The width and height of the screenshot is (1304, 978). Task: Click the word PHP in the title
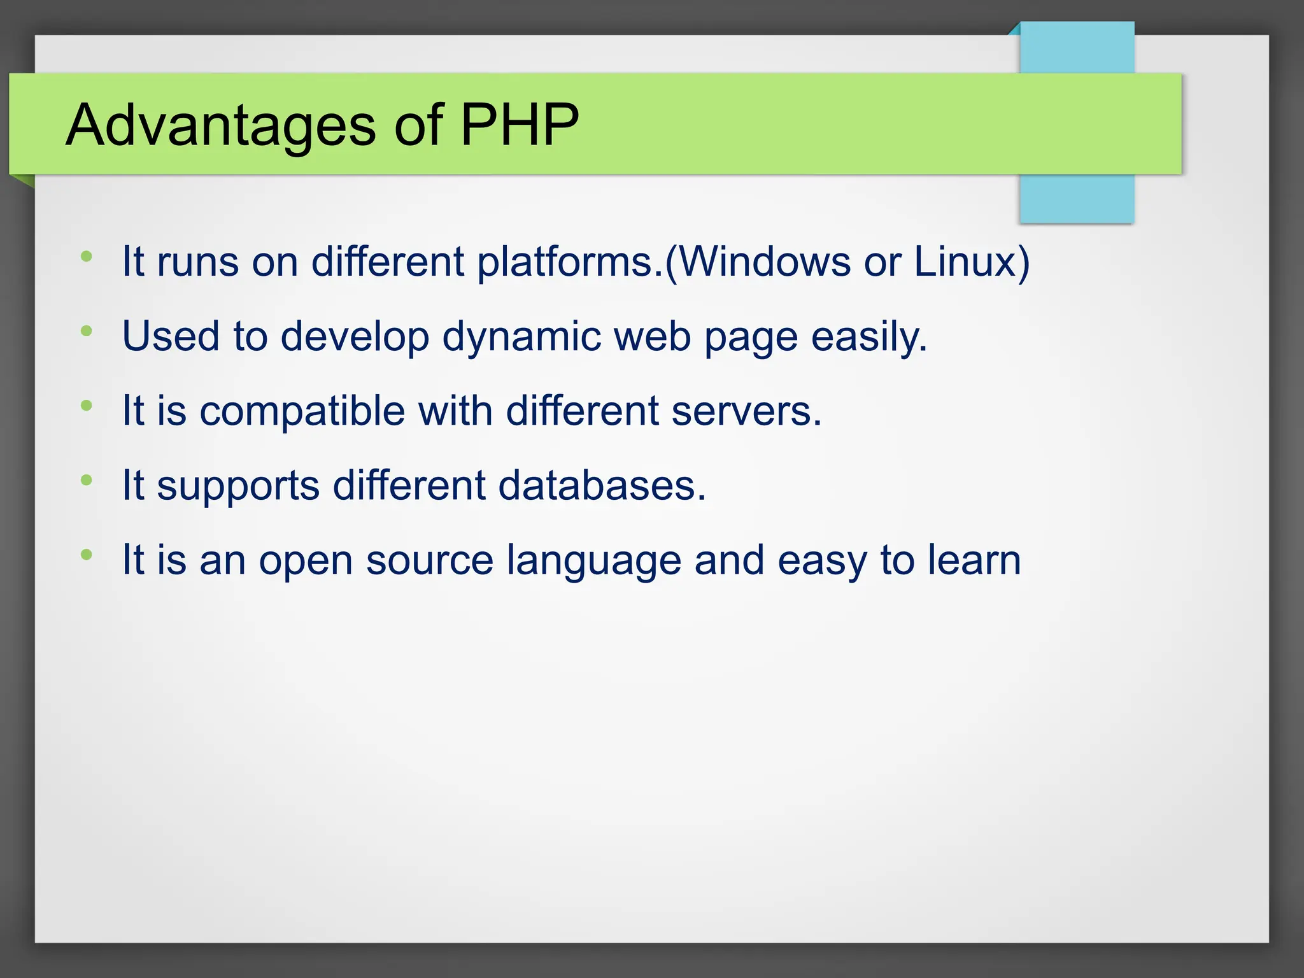[x=519, y=125]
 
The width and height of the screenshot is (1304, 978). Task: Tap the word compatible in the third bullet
[x=302, y=411]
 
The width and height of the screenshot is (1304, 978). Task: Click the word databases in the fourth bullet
[x=602, y=485]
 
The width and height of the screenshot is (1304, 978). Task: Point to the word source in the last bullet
[x=429, y=560]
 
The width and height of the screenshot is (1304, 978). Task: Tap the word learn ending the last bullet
[x=974, y=560]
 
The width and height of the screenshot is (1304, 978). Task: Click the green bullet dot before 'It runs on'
[x=87, y=257]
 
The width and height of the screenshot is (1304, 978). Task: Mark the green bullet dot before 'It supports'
[x=87, y=480]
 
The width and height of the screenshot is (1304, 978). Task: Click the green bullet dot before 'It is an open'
[x=87, y=555]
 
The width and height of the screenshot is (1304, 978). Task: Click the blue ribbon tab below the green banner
[x=1077, y=198]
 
